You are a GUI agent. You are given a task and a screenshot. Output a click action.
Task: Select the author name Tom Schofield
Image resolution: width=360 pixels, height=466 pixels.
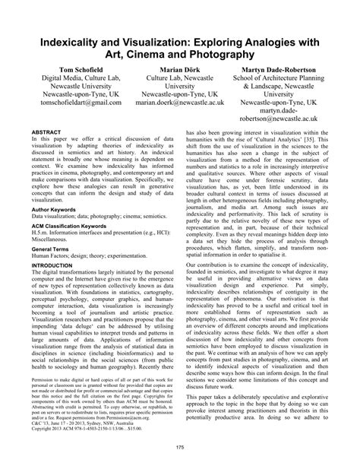point(63,70)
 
